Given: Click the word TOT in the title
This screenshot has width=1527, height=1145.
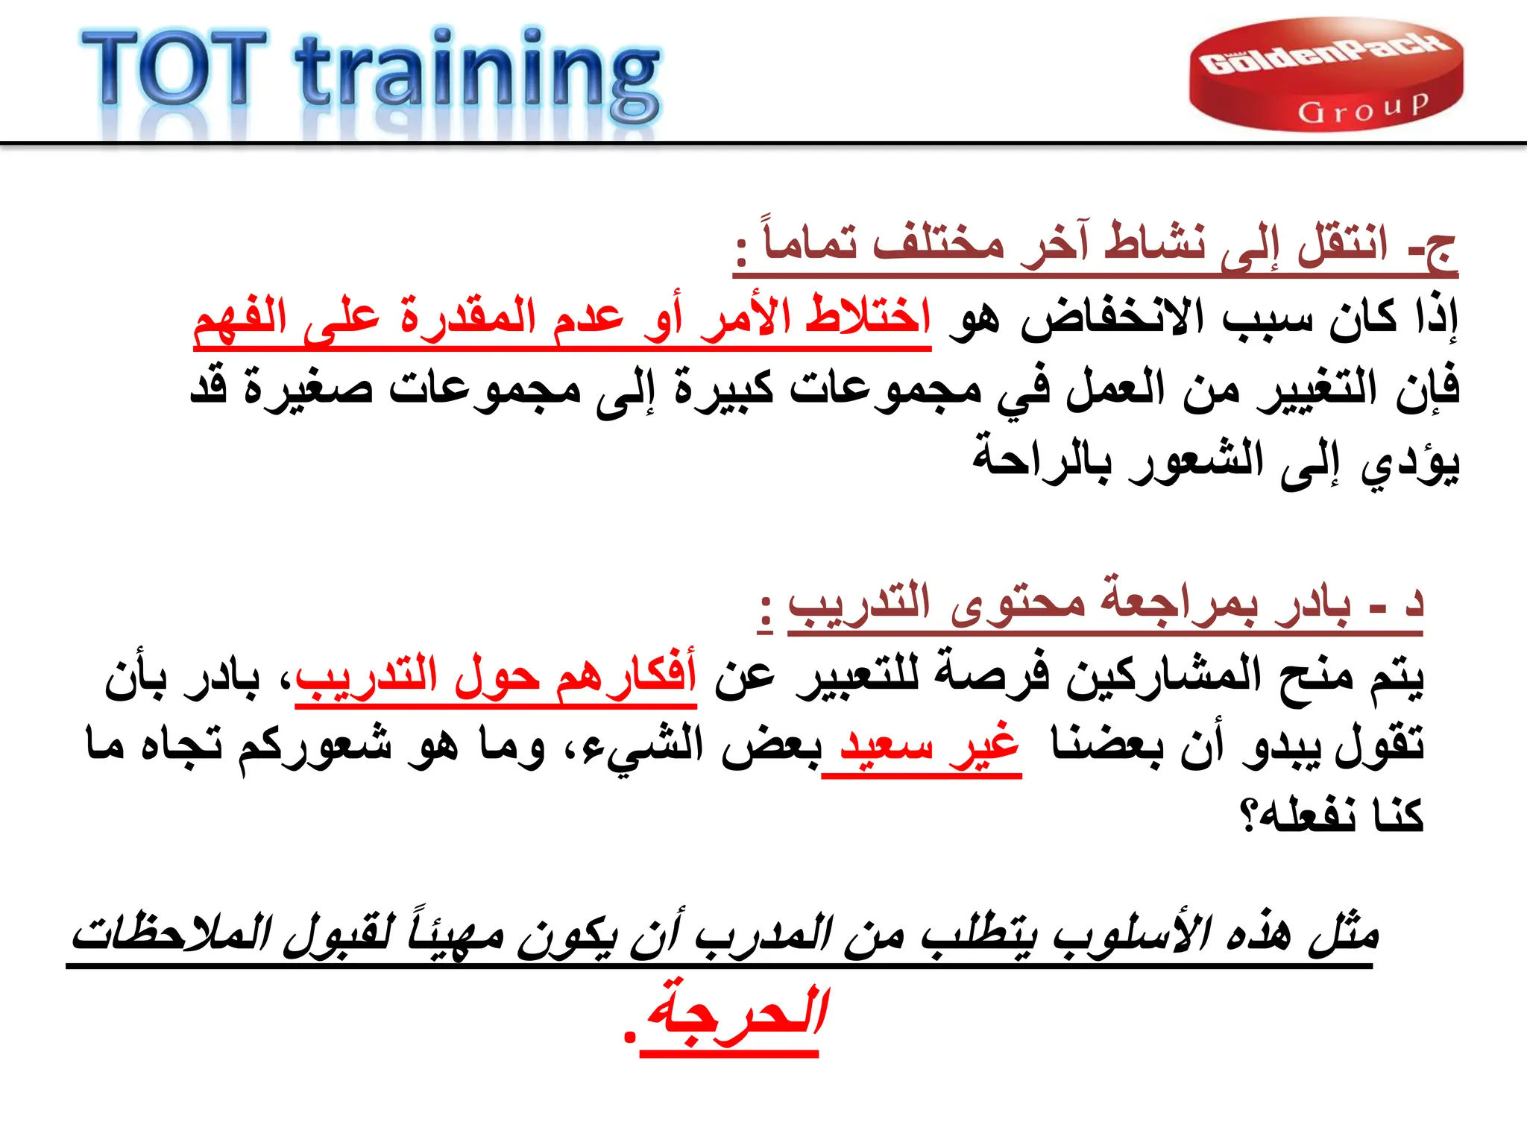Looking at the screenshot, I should coord(173,69).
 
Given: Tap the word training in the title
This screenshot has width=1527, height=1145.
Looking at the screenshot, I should coord(478,75).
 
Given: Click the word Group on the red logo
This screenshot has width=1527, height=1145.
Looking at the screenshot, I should coord(1364,110).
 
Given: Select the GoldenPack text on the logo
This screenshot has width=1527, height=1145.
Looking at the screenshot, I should coord(1325,57).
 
